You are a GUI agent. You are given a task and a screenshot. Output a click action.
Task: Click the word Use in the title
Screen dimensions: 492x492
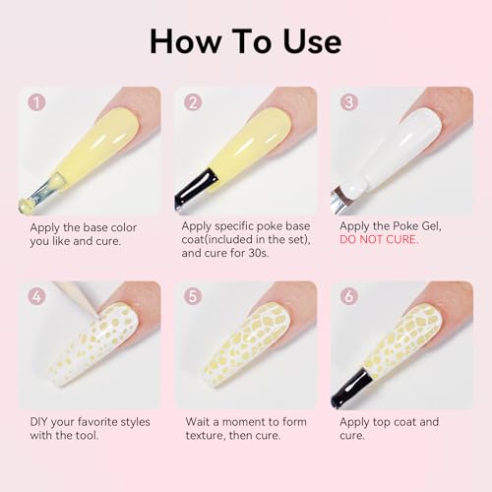pyautogui.click(x=313, y=41)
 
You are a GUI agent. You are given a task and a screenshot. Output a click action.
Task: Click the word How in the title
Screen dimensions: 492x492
pyautogui.click(x=185, y=41)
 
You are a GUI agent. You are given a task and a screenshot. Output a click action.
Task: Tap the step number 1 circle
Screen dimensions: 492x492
pyautogui.click(x=36, y=102)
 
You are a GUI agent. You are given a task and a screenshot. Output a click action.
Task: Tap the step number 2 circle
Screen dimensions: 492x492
pyautogui.click(x=193, y=102)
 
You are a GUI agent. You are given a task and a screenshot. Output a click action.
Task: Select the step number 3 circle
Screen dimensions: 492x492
pyautogui.click(x=348, y=102)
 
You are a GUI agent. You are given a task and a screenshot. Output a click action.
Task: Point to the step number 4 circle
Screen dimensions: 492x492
pyautogui.click(x=36, y=296)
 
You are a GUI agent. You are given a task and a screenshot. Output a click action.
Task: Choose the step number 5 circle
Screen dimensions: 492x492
pyautogui.click(x=193, y=296)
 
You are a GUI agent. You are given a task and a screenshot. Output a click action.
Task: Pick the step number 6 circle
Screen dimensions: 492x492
pyautogui.click(x=348, y=296)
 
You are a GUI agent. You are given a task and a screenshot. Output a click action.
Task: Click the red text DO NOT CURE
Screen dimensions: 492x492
pyautogui.click(x=379, y=239)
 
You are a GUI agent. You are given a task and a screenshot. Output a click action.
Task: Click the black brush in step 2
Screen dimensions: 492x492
pyautogui.click(x=195, y=190)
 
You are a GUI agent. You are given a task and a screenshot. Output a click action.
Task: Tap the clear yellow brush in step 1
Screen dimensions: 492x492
pyautogui.click(x=41, y=194)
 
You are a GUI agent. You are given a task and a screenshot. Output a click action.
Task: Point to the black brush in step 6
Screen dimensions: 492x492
pyautogui.click(x=351, y=388)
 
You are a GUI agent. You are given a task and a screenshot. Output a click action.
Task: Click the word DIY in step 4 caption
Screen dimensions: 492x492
pyautogui.click(x=39, y=421)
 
